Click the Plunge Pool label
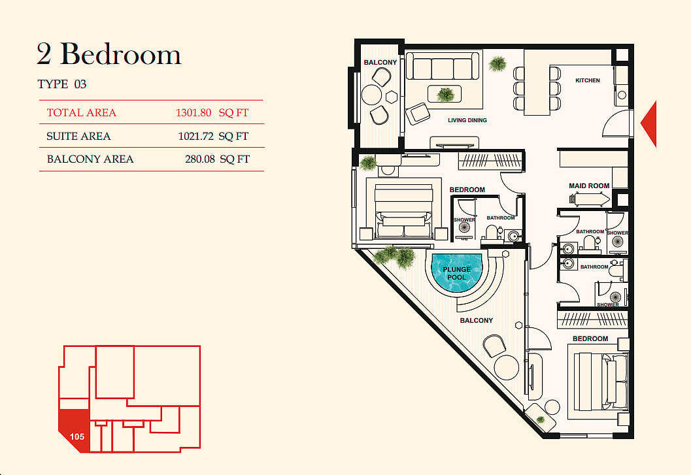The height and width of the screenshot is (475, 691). [456, 273]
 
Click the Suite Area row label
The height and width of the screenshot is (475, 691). [78, 136]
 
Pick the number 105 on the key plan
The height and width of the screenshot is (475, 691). [77, 436]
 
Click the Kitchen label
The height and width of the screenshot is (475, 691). [588, 80]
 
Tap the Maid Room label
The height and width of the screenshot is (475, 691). [589, 186]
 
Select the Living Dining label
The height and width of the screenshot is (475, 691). [467, 120]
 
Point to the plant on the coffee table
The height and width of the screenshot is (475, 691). [445, 94]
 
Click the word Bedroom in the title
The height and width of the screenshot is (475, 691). [120, 54]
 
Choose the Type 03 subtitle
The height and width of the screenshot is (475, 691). [61, 84]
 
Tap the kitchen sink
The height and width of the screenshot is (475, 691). [622, 95]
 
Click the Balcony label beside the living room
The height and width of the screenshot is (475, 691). [380, 63]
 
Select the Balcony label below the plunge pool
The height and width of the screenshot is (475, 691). [477, 320]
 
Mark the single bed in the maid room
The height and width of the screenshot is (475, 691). [590, 200]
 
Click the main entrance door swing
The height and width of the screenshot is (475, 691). [616, 123]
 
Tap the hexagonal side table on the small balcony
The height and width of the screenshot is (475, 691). [392, 97]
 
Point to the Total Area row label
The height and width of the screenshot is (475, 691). [82, 113]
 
